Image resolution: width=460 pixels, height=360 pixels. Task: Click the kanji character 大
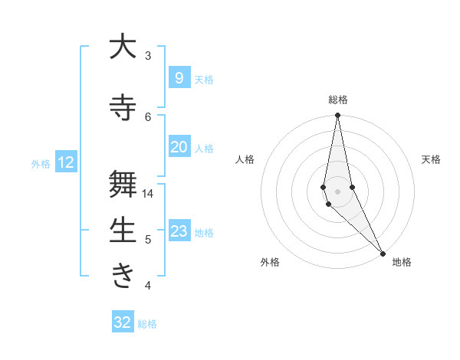tap(123, 47)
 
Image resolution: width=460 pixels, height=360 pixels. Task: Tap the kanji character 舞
tap(123, 185)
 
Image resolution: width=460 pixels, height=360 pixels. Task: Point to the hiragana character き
tap(123, 277)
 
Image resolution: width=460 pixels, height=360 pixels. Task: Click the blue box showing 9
tap(179, 78)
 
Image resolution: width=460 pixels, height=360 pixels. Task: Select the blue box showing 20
tap(179, 147)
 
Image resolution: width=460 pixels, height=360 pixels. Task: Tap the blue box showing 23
tap(179, 231)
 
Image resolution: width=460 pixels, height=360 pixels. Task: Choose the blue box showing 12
tap(66, 162)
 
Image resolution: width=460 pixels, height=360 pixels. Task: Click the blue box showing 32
tap(123, 322)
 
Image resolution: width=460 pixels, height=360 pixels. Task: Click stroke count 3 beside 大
tap(148, 56)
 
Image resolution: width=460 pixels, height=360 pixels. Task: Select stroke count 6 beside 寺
tap(148, 116)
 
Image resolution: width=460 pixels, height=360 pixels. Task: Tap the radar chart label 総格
tap(337, 100)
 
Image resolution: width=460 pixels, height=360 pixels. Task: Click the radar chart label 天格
tap(432, 159)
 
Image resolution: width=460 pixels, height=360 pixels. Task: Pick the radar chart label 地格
tap(402, 262)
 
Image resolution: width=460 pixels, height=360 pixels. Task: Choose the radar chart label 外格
tap(270, 262)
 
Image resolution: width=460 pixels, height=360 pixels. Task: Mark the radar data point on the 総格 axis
tap(337, 116)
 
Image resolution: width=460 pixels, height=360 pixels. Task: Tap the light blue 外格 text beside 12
tap(40, 163)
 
